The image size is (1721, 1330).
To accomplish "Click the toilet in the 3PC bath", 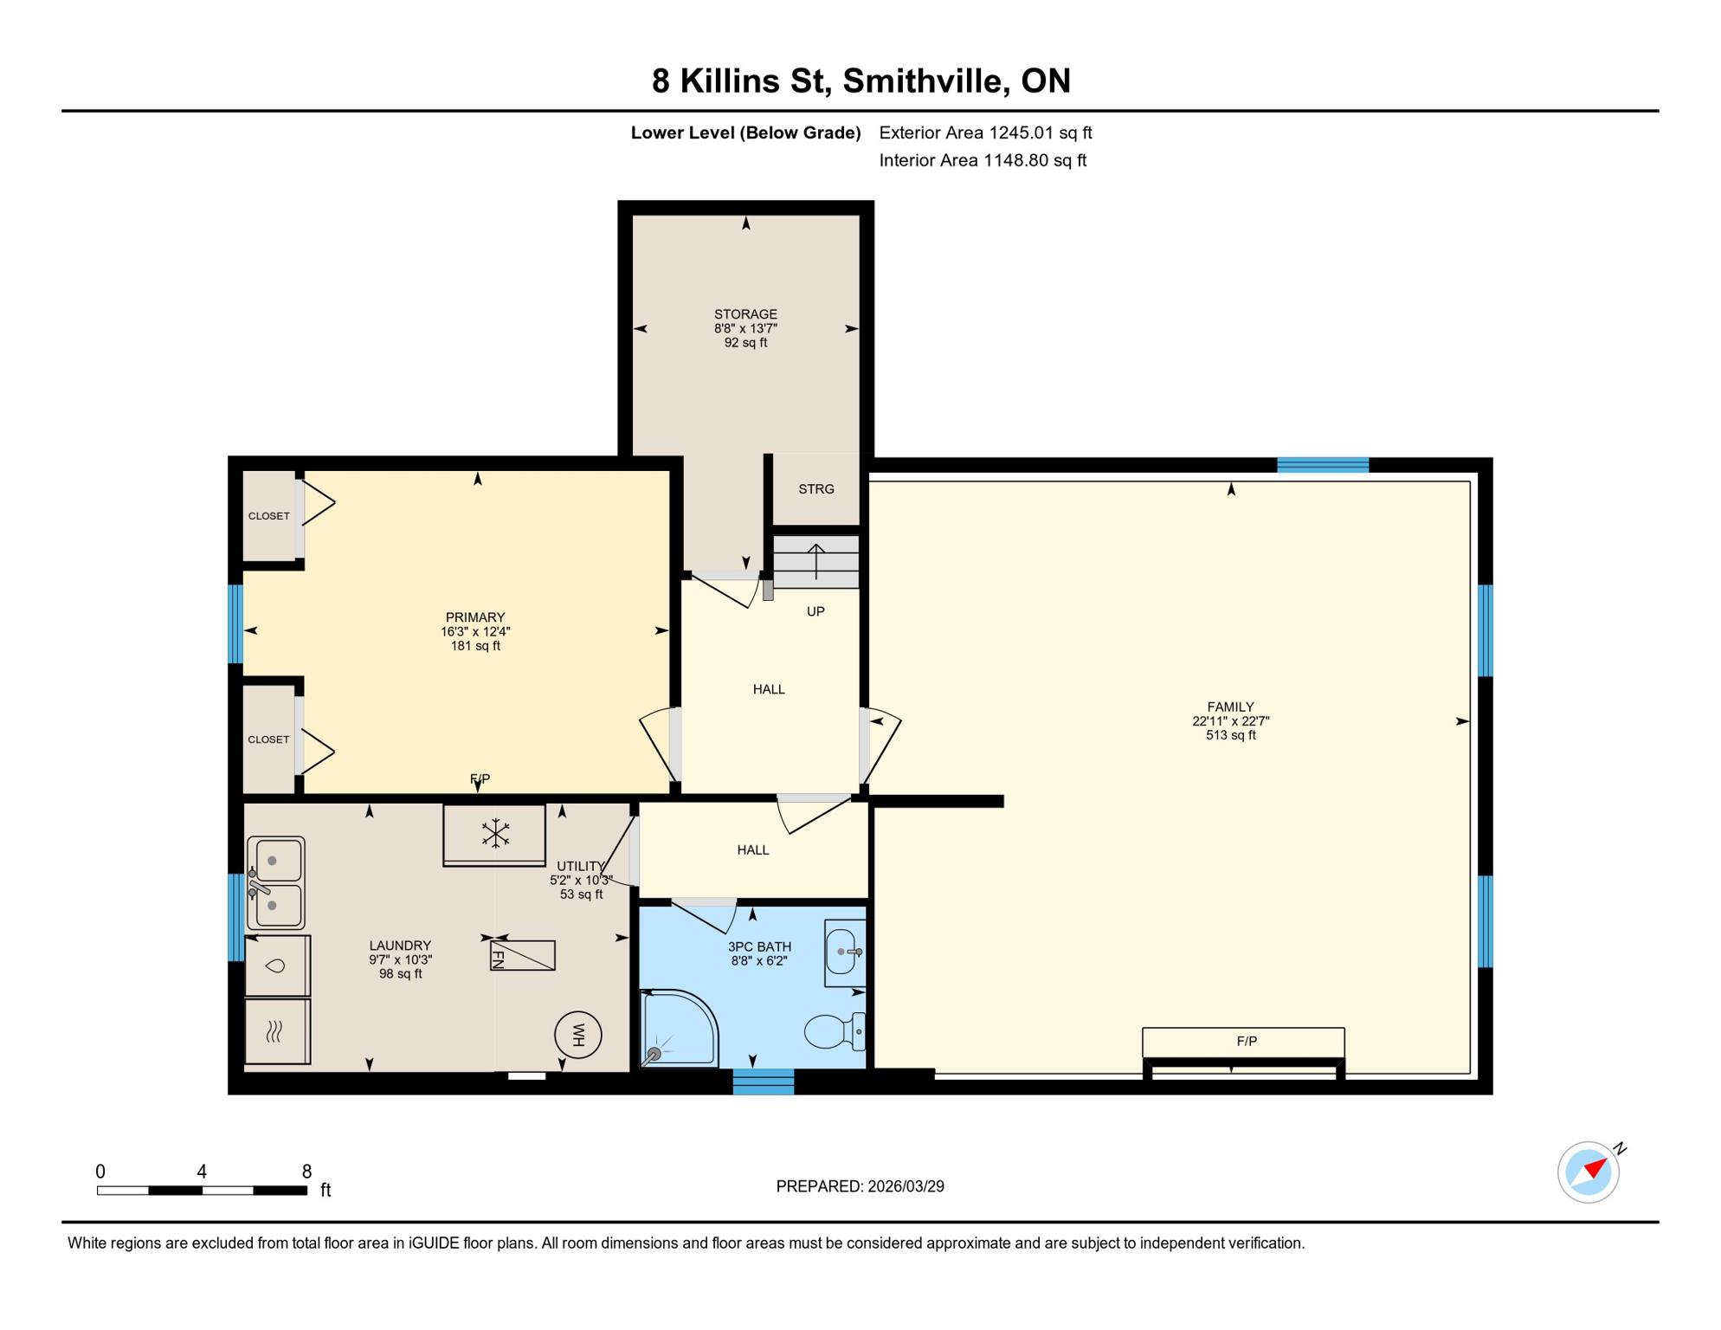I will click(833, 1031).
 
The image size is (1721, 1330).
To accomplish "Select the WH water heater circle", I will click(578, 1035).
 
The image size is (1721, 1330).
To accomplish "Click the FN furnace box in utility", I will click(522, 955).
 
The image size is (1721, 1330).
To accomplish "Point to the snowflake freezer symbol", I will click(494, 833).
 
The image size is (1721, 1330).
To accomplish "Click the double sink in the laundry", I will click(275, 882).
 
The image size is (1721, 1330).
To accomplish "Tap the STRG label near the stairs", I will click(815, 489).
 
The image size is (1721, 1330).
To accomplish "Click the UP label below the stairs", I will click(815, 611).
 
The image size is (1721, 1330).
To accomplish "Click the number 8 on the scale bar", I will click(306, 1172).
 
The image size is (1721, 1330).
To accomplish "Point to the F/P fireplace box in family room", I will click(1243, 1042).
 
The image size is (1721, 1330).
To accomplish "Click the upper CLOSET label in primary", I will click(268, 516).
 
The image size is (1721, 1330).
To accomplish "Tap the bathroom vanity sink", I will click(844, 952).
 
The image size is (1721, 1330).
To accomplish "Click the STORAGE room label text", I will click(745, 314).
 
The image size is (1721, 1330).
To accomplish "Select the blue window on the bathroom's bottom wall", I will click(763, 1081).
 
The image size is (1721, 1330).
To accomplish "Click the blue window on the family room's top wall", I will click(1322, 465).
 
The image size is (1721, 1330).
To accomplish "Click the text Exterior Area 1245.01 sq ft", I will click(985, 132).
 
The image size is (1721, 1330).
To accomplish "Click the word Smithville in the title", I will click(925, 81).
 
